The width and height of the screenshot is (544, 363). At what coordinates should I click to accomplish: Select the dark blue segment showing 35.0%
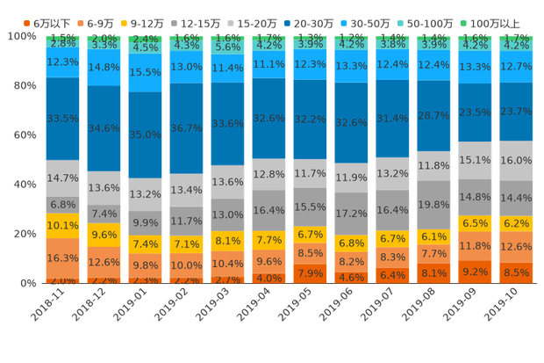[145, 134]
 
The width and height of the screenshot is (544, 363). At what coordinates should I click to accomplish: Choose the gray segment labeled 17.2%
[351, 214]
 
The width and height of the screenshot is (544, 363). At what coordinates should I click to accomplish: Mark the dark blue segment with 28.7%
[433, 115]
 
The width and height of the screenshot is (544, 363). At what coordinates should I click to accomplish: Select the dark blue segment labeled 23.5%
[475, 112]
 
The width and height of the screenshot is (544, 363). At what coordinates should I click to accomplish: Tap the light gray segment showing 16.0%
[516, 161]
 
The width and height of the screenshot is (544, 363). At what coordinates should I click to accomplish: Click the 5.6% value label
[227, 48]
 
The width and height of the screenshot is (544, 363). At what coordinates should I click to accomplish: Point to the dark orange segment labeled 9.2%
[475, 272]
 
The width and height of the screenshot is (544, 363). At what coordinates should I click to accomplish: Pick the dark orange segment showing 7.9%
[310, 273]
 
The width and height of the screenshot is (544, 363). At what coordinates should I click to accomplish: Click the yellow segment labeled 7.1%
[187, 243]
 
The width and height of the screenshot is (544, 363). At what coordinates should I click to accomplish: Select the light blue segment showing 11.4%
[227, 68]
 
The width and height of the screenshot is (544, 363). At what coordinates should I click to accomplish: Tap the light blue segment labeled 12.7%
[516, 66]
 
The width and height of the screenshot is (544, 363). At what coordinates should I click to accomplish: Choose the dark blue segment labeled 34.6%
[104, 127]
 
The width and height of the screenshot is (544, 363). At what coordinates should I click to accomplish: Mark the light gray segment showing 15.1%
[475, 160]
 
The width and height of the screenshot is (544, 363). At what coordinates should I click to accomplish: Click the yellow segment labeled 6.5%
[475, 223]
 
